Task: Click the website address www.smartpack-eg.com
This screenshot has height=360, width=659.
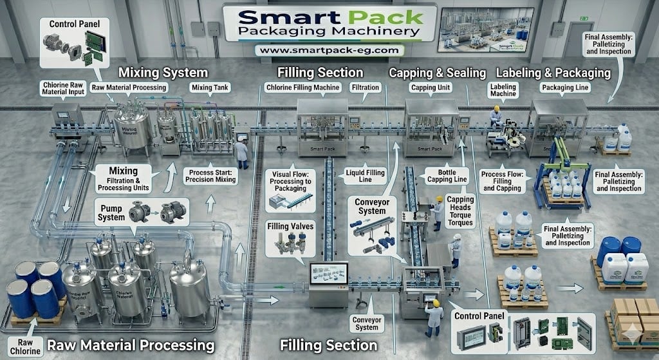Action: click(x=329, y=49)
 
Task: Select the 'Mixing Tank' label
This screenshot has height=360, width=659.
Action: click(x=207, y=87)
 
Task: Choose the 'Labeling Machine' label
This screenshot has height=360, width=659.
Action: click(x=503, y=90)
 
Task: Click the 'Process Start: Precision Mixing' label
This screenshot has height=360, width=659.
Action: click(x=207, y=177)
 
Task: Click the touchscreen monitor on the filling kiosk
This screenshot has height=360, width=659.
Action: click(x=329, y=274)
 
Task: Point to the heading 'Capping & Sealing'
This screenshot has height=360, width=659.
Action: click(x=437, y=73)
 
